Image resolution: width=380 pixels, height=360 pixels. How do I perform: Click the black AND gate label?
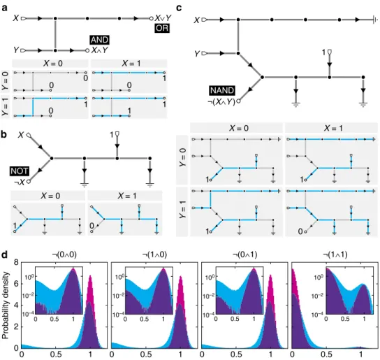(x=100, y=40)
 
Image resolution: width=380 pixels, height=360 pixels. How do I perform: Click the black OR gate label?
(x=162, y=28)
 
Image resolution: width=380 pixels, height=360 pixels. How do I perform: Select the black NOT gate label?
(x=20, y=171)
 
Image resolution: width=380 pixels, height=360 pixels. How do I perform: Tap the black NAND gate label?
(x=222, y=90)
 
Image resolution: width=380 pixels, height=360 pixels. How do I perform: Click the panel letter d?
(x=4, y=255)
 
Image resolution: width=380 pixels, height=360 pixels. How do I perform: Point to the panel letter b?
(x=4, y=135)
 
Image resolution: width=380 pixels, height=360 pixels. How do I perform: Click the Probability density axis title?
(x=6, y=305)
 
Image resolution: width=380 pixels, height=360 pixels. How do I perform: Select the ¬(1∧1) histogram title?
(x=335, y=254)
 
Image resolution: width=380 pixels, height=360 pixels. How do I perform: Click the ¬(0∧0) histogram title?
(x=64, y=254)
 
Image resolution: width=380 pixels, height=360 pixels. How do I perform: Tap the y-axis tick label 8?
(x=16, y=263)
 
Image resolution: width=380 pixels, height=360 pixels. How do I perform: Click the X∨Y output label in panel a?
(x=163, y=17)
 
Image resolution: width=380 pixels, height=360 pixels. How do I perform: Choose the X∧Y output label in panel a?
(x=100, y=50)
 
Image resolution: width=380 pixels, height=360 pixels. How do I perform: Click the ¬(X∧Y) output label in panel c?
(x=221, y=102)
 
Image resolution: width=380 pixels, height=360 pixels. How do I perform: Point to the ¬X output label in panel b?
(x=20, y=182)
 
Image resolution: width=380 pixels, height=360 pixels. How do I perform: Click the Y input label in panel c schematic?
(x=198, y=53)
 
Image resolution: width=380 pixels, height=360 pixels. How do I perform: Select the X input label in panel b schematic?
(x=22, y=135)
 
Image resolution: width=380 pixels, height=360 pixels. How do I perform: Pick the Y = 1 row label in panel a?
(x=5, y=106)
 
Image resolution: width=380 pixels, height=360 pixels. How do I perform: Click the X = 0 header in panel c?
(x=239, y=128)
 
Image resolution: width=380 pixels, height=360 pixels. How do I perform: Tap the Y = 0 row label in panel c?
(x=183, y=157)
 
